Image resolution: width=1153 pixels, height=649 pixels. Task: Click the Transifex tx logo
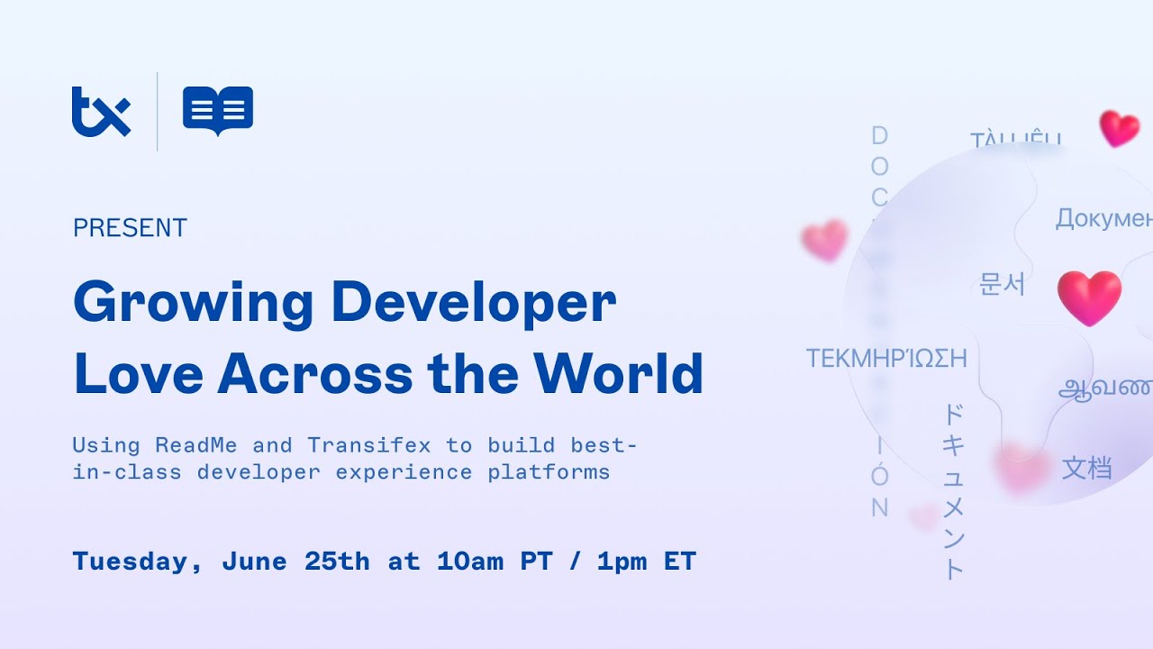click(x=101, y=112)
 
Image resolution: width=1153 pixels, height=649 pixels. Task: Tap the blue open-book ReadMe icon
click(x=218, y=111)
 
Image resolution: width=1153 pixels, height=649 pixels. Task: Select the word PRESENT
click(x=130, y=228)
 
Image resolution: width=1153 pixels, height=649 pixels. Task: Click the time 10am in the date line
click(x=469, y=562)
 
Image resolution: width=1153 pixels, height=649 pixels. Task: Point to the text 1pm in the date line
click(x=622, y=562)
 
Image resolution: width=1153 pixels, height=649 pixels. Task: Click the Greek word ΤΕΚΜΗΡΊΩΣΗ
click(x=885, y=359)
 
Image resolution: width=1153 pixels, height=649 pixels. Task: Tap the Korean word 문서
click(x=1002, y=284)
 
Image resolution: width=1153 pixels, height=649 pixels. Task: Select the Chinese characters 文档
click(x=1086, y=468)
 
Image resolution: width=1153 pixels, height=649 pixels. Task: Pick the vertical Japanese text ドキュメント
click(x=953, y=491)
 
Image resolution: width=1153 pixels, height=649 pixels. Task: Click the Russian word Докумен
click(x=1103, y=219)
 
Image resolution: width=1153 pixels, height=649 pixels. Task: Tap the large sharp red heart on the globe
click(x=1089, y=297)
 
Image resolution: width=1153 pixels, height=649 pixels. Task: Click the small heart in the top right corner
click(x=1119, y=128)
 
